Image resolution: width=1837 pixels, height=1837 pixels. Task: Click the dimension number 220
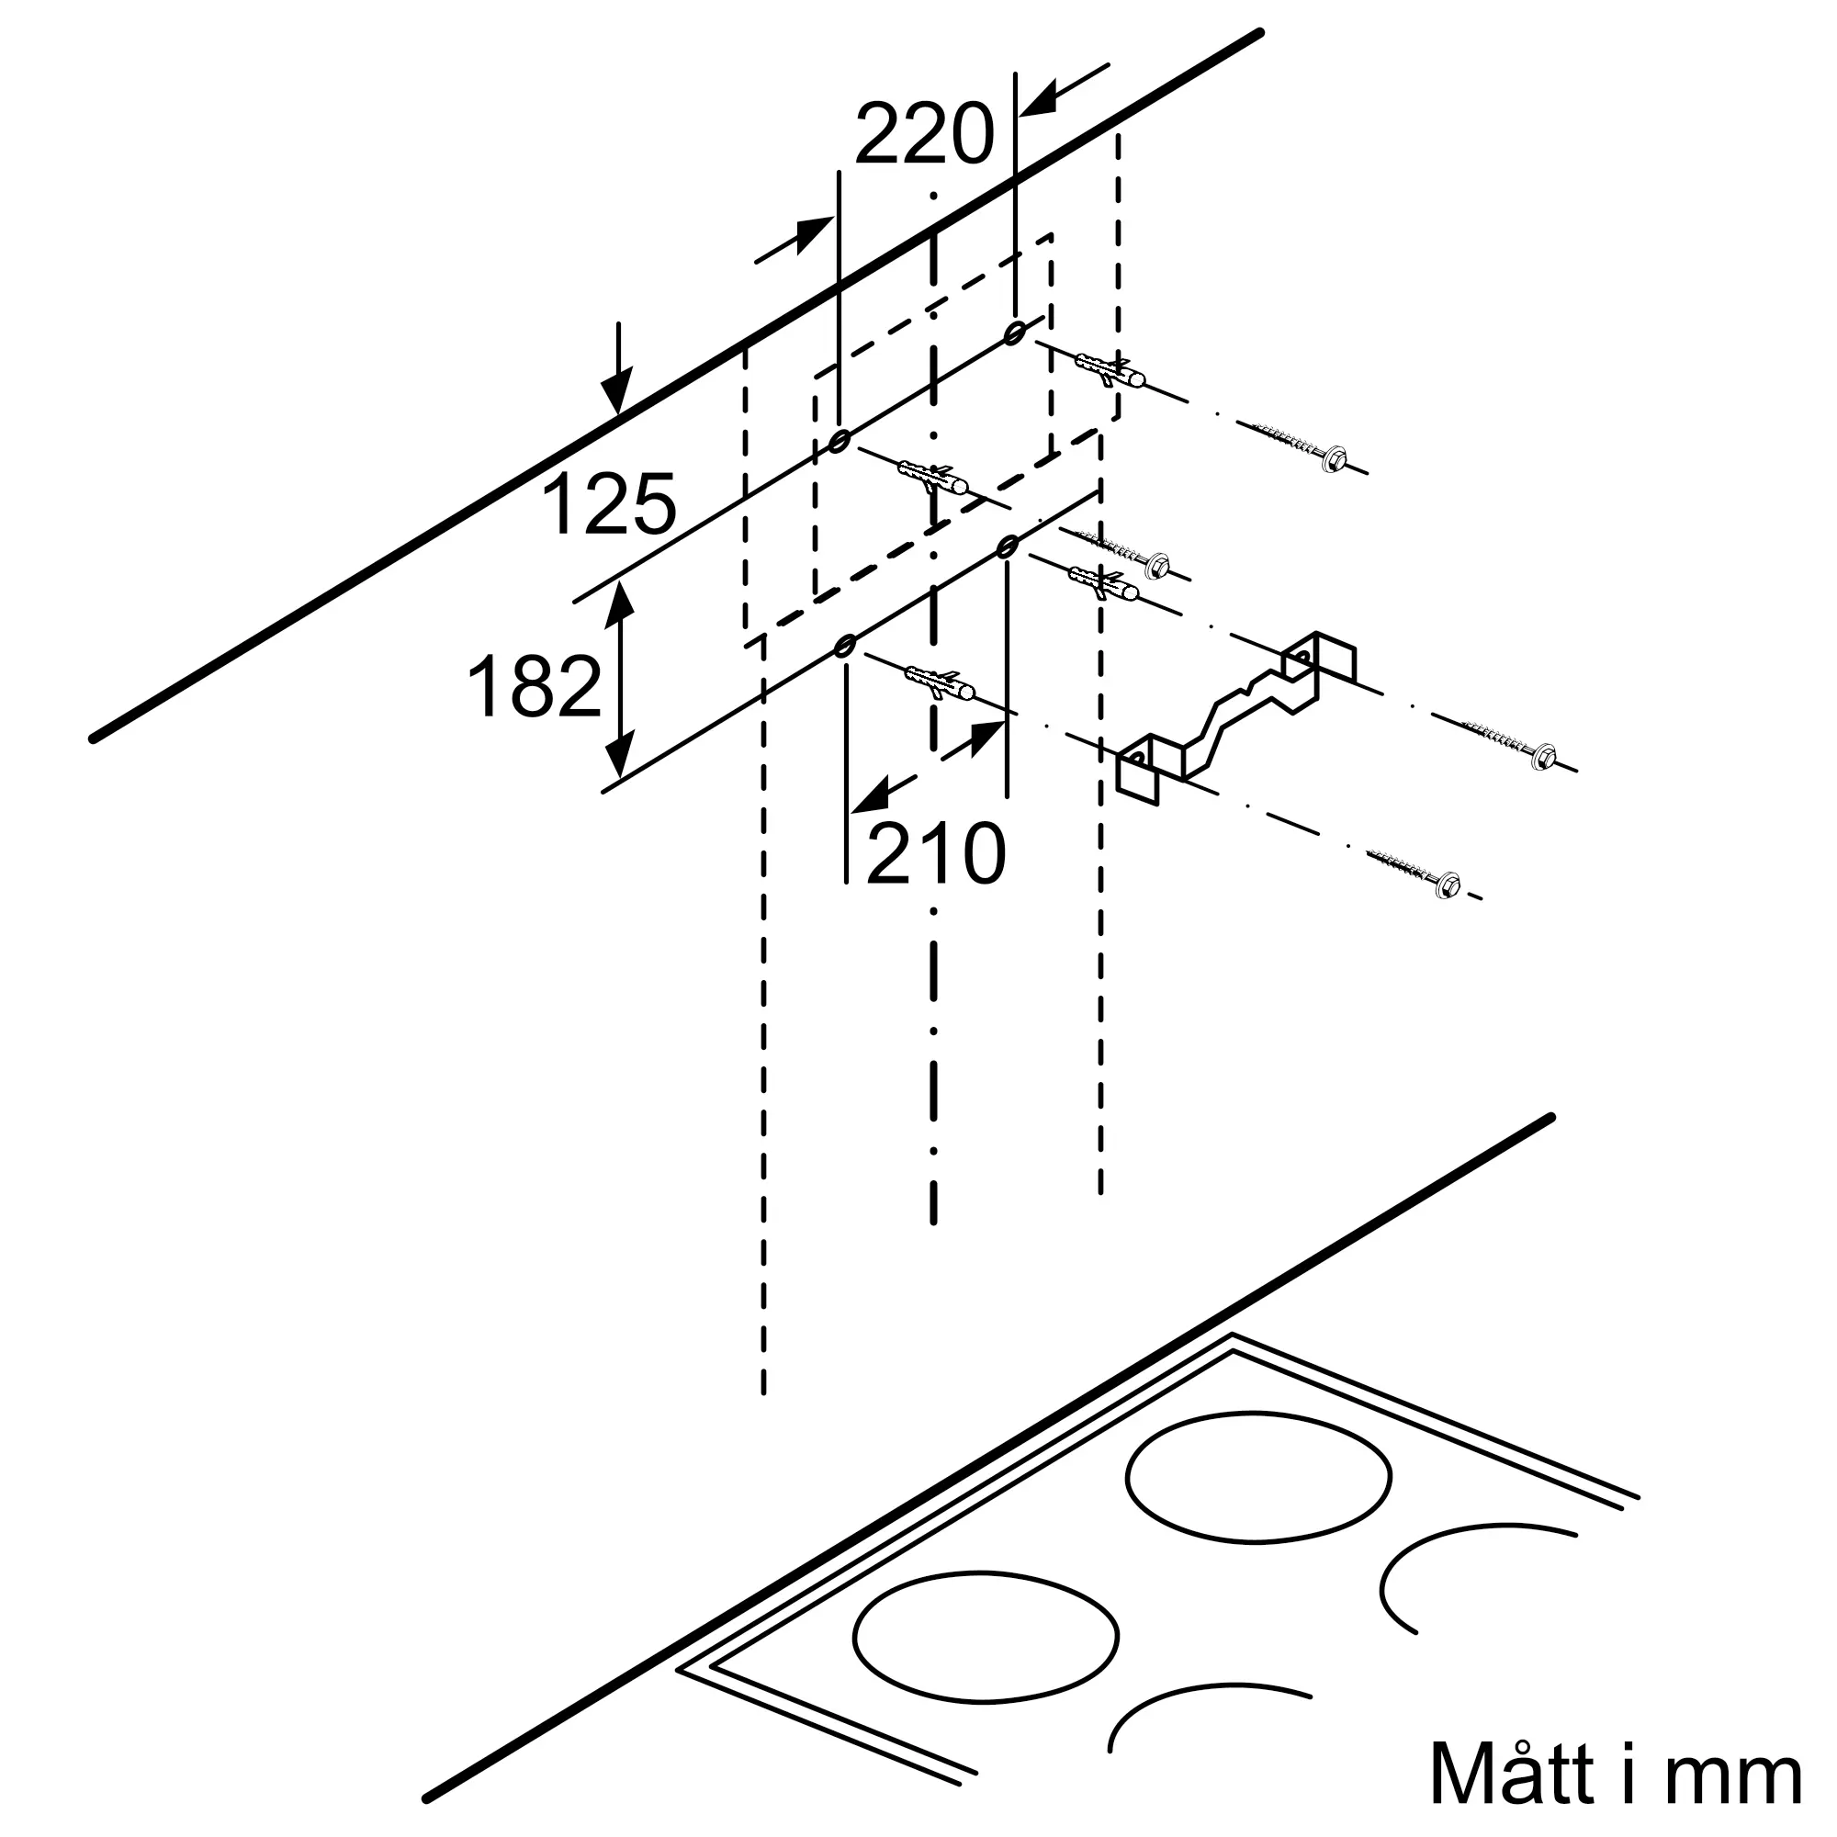click(x=924, y=134)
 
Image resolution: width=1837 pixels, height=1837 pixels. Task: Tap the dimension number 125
click(x=609, y=504)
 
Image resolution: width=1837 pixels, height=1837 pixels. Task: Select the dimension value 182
click(x=535, y=685)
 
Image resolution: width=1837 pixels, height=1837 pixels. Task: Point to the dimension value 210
click(x=936, y=853)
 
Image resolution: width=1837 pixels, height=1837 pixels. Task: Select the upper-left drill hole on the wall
click(x=839, y=441)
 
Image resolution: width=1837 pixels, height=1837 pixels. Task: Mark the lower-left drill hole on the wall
click(x=843, y=647)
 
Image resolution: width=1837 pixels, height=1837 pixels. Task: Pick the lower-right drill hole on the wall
click(x=1008, y=547)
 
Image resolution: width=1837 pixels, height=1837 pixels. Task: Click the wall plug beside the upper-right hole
click(x=1111, y=370)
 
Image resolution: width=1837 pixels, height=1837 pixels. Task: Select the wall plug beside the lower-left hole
click(x=941, y=682)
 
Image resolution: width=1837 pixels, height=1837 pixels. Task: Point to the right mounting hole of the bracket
click(x=1301, y=656)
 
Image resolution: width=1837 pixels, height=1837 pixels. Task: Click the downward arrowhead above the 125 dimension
click(x=618, y=392)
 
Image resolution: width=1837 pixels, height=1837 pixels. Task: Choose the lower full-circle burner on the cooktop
click(x=986, y=1635)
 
